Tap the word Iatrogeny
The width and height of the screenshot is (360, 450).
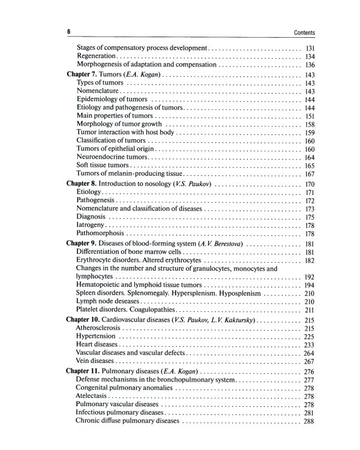click(x=90, y=225)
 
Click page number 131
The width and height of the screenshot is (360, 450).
click(x=310, y=47)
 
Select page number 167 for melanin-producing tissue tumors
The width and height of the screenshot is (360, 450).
click(x=310, y=174)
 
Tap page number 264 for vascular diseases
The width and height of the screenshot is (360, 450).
click(x=310, y=354)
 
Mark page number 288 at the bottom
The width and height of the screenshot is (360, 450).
click(x=310, y=421)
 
